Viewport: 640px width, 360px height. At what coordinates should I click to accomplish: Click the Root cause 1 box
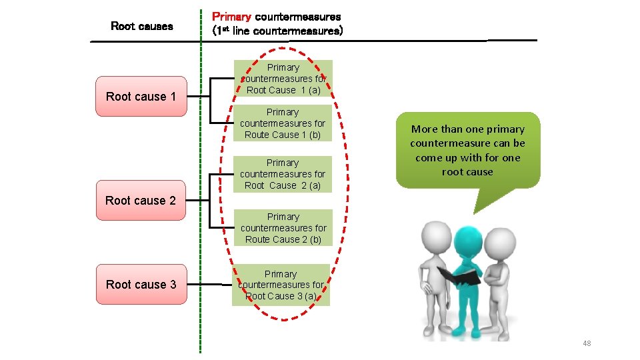[141, 97]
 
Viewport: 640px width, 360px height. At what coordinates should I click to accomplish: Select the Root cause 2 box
[141, 200]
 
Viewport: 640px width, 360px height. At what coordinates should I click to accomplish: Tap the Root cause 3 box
[141, 285]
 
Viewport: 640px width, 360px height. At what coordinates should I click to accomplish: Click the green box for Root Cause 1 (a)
[283, 79]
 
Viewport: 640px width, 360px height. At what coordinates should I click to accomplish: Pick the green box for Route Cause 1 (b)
[283, 123]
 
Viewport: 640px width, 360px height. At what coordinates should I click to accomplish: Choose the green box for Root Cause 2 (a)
[283, 174]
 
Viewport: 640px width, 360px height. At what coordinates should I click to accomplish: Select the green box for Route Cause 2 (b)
[283, 228]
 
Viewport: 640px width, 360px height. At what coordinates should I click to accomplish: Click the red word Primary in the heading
[231, 16]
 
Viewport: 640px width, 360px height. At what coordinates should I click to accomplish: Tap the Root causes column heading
[141, 26]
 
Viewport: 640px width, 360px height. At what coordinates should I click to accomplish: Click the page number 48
[587, 343]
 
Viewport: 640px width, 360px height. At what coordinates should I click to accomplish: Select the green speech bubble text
[467, 150]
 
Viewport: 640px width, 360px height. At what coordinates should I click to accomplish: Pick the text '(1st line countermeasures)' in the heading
[277, 31]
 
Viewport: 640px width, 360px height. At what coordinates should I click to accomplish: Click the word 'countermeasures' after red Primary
[298, 16]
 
